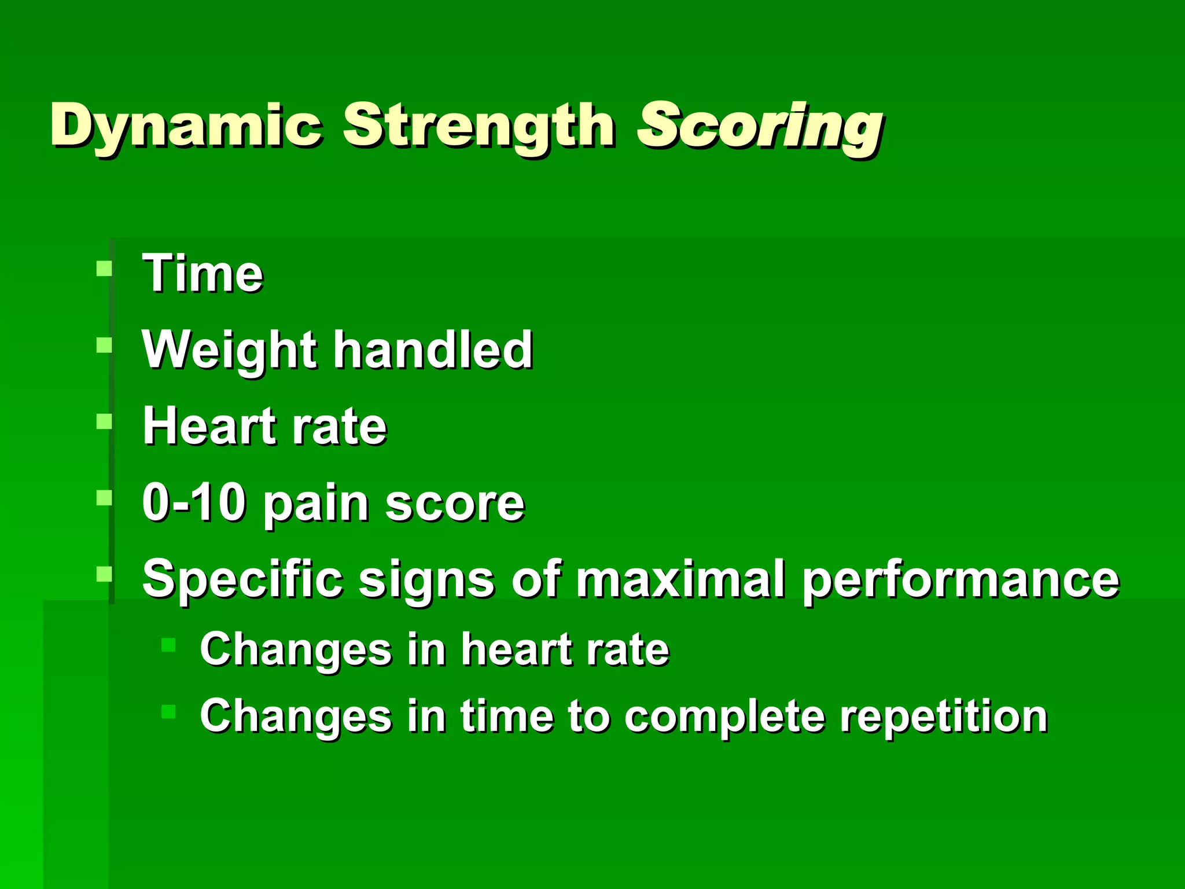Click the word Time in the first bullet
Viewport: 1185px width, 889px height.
203,273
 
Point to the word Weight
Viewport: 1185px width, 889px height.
229,350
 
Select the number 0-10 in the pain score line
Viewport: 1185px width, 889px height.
194,502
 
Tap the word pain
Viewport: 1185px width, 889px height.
316,504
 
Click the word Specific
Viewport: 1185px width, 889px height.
242,579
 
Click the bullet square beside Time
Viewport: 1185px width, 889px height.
104,269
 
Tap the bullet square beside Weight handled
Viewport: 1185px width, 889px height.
104,346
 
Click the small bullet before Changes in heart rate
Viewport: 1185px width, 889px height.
168,645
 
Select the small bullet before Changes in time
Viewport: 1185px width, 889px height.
168,711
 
